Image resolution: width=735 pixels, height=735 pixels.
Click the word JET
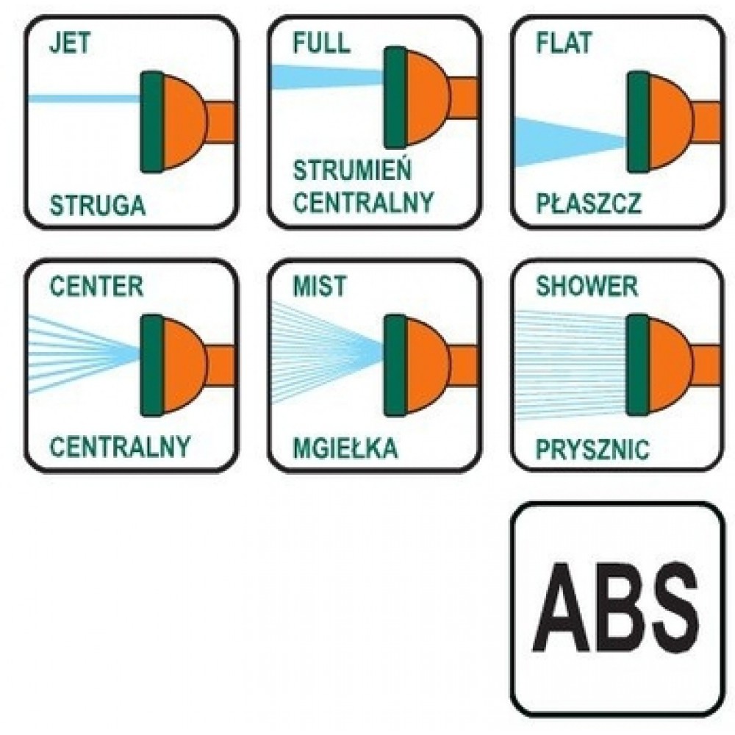70,43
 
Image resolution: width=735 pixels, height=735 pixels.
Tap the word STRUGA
98,206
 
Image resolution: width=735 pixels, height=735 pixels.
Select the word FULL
322,43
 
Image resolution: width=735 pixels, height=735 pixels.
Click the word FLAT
564,43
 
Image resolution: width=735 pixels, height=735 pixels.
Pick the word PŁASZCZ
588,204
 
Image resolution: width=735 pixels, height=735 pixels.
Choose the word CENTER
96,286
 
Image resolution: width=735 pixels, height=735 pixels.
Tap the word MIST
320,286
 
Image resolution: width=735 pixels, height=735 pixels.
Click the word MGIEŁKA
345,448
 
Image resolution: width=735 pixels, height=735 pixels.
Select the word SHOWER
587,286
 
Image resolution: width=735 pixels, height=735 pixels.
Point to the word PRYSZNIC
592,449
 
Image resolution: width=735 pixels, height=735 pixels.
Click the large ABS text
616,608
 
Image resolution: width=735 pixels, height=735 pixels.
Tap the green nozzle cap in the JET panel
152,122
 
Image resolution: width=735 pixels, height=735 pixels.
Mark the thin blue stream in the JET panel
85,98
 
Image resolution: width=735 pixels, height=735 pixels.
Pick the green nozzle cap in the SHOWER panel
639,365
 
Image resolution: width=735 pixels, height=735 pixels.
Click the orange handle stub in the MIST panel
464,365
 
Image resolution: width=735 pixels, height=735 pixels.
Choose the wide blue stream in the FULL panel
328,77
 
